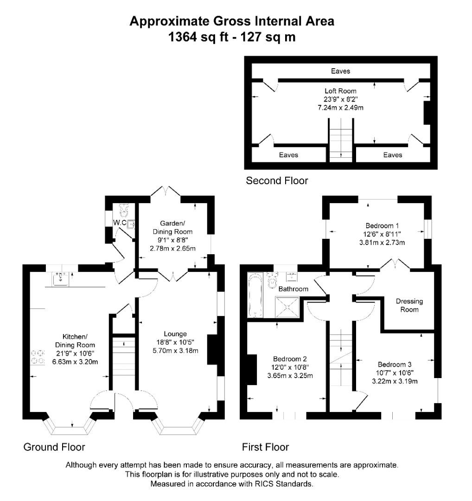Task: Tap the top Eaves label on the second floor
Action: pos(340,71)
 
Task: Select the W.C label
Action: pos(120,223)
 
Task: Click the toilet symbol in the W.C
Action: pos(124,211)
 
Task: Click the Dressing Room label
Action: pos(409,305)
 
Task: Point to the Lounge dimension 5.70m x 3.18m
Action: pos(175,351)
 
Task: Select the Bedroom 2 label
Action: pos(290,359)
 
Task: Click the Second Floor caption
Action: pos(276,180)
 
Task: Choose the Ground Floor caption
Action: pos(54,447)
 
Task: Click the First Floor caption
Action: pos(265,447)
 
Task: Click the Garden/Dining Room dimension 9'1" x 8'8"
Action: pos(172,240)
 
